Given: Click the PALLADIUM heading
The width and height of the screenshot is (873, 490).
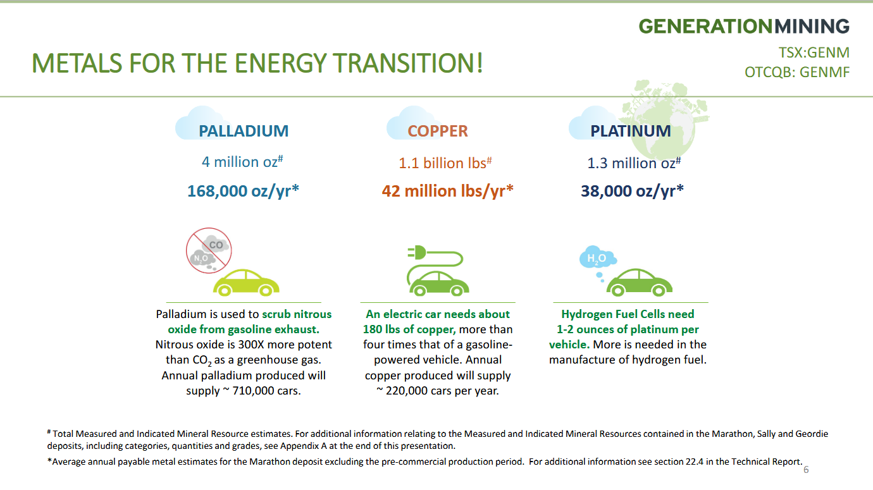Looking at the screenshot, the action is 244,131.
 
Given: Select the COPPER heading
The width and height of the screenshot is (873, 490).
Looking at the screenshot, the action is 438,131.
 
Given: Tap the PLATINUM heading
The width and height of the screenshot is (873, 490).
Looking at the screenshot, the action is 631,131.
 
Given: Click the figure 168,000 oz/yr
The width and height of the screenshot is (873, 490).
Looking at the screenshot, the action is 243,191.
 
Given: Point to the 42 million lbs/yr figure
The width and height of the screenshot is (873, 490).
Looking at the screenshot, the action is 448,191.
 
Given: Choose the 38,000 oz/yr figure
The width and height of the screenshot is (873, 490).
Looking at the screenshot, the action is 632,191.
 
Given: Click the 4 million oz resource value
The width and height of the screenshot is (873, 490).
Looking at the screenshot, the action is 242,161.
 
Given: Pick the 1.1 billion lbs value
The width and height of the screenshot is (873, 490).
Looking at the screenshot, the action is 445,162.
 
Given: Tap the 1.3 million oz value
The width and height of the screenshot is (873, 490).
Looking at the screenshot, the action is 634,162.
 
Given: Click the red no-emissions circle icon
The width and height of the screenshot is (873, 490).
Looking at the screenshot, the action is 209,250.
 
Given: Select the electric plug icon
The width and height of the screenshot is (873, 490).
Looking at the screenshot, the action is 417,252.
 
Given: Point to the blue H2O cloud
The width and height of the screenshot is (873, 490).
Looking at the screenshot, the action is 597,257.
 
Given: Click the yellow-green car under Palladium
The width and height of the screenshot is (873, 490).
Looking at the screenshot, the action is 246,283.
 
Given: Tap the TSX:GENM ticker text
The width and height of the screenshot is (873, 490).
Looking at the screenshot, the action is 814,52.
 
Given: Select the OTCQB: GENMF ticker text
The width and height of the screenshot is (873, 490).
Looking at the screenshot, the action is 797,72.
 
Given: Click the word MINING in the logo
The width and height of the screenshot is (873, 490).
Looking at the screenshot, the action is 812,27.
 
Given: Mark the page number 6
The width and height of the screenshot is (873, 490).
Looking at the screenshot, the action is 806,470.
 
